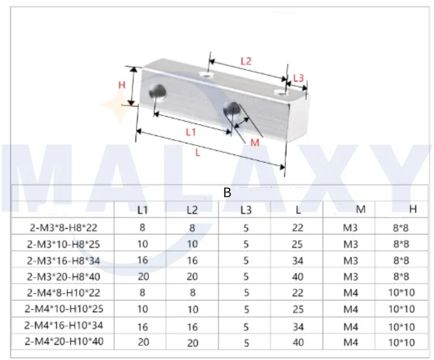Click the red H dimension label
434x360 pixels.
122,85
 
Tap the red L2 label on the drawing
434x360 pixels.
246,61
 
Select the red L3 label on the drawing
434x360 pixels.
298,78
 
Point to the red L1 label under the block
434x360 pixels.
190,131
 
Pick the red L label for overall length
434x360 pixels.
198,153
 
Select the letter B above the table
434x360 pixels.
227,192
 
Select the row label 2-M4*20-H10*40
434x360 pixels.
65,343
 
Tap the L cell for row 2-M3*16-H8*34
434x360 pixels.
297,261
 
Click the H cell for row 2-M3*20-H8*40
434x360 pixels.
402,277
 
